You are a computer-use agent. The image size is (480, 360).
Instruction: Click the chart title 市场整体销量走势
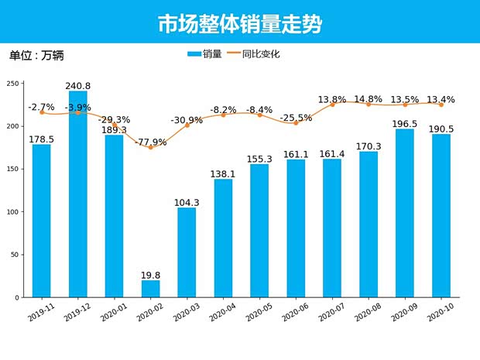point(240,24)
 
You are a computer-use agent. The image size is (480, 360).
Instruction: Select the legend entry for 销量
point(204,54)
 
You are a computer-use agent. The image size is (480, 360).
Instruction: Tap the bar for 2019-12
point(78,194)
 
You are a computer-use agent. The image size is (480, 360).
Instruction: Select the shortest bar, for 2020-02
point(151,289)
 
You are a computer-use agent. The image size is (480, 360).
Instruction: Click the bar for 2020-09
point(405,213)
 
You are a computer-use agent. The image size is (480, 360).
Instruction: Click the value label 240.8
point(78,86)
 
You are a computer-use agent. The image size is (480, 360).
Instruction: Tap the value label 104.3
point(187,202)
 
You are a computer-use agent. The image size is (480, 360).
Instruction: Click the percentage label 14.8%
point(369,99)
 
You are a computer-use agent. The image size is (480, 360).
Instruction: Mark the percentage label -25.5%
point(296,118)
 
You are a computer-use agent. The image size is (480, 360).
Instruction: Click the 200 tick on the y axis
point(14,126)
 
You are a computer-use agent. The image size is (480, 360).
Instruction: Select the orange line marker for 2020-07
point(332,105)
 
